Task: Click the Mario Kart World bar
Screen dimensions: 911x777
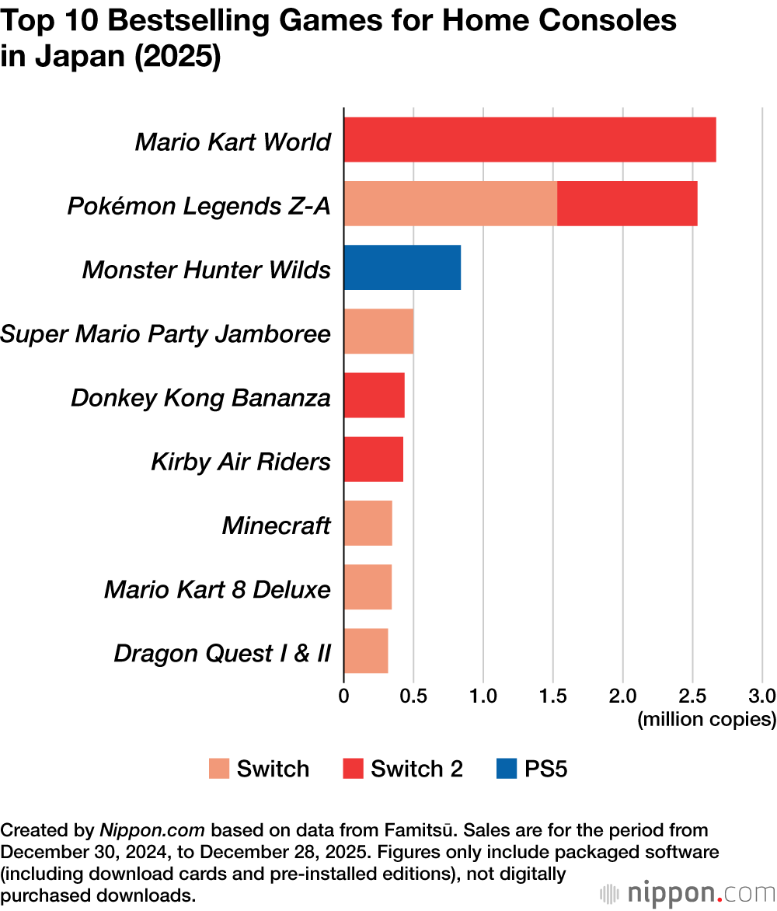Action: [x=529, y=140]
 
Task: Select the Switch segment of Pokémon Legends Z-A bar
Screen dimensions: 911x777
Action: [x=450, y=204]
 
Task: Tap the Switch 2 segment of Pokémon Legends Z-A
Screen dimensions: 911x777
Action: [x=627, y=204]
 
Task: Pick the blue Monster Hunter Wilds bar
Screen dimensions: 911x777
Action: [x=402, y=267]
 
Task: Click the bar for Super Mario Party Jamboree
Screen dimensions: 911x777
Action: [x=378, y=331]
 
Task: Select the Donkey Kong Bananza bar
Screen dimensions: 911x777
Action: [x=374, y=395]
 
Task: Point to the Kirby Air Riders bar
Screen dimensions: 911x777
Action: [x=373, y=459]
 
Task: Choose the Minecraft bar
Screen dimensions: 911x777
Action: [x=368, y=523]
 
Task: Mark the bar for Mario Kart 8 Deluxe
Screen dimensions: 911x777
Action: [x=368, y=587]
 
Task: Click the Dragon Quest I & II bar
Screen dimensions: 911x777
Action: [x=365, y=651]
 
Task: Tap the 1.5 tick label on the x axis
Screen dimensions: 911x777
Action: [x=552, y=695]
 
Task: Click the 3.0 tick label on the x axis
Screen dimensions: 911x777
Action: [x=762, y=695]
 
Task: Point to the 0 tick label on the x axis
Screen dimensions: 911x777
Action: [x=344, y=695]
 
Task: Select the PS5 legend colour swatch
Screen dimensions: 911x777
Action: [x=505, y=770]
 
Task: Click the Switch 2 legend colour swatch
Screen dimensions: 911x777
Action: [x=353, y=770]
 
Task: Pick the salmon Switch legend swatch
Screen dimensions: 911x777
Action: [x=219, y=770]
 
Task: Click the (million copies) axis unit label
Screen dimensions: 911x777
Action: [x=706, y=720]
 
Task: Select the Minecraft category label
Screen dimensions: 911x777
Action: [x=277, y=525]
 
